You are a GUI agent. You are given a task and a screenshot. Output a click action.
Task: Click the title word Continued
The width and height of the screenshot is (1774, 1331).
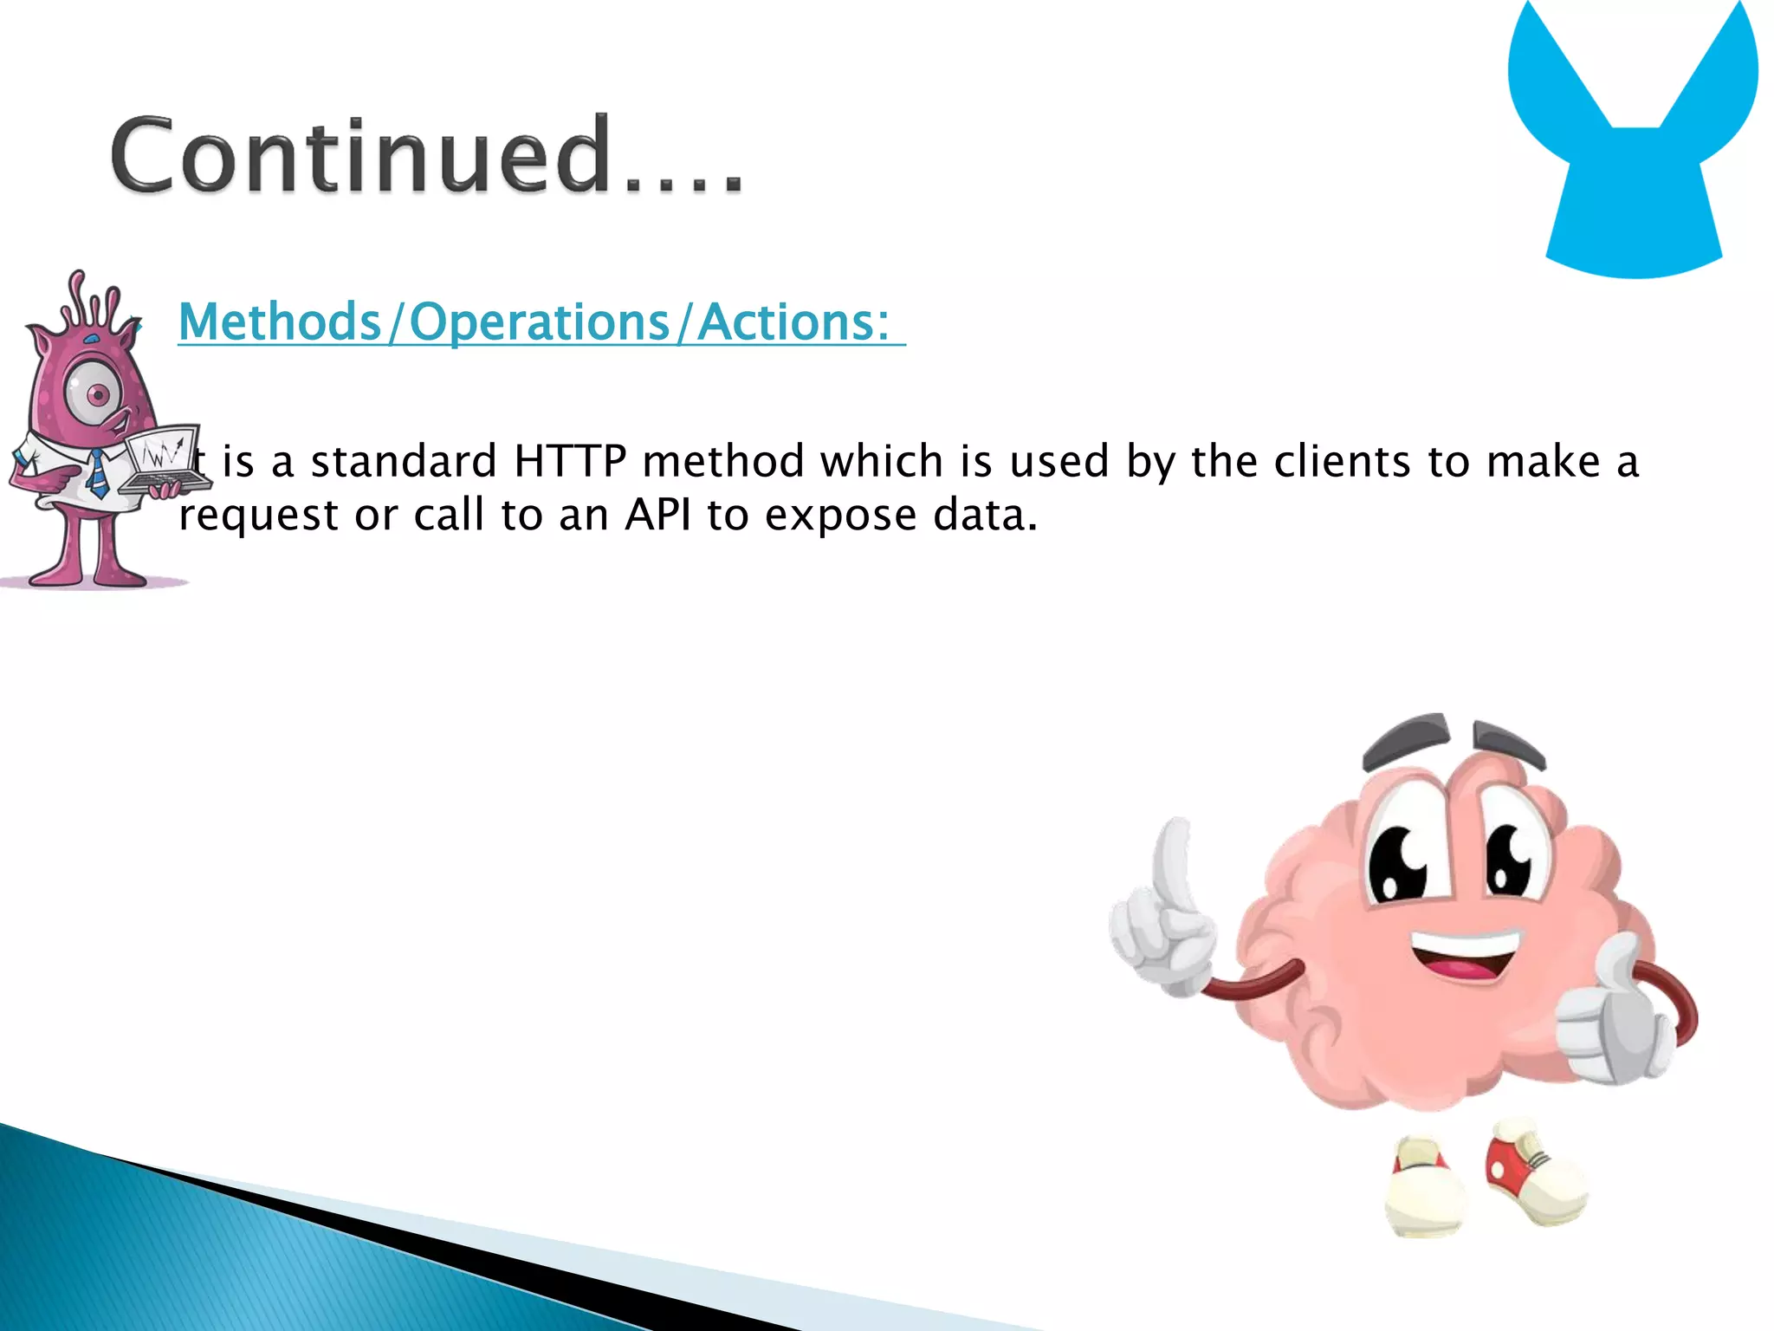click(x=424, y=156)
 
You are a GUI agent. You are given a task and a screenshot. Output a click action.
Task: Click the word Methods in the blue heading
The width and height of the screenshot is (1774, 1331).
click(x=279, y=322)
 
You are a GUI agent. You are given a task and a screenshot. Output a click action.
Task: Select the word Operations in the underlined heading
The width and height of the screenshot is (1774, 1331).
click(x=539, y=322)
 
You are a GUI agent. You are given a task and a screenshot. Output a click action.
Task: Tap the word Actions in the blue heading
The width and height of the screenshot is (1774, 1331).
click(x=793, y=322)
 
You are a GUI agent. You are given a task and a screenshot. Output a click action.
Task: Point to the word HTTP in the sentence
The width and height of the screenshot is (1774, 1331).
click(x=569, y=461)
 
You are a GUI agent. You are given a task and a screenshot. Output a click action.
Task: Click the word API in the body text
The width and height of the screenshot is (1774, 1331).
click(x=657, y=516)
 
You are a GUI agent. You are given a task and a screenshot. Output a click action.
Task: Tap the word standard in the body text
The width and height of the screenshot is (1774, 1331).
click(x=404, y=461)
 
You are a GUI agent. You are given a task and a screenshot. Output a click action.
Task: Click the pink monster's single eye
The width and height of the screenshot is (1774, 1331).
click(x=97, y=395)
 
